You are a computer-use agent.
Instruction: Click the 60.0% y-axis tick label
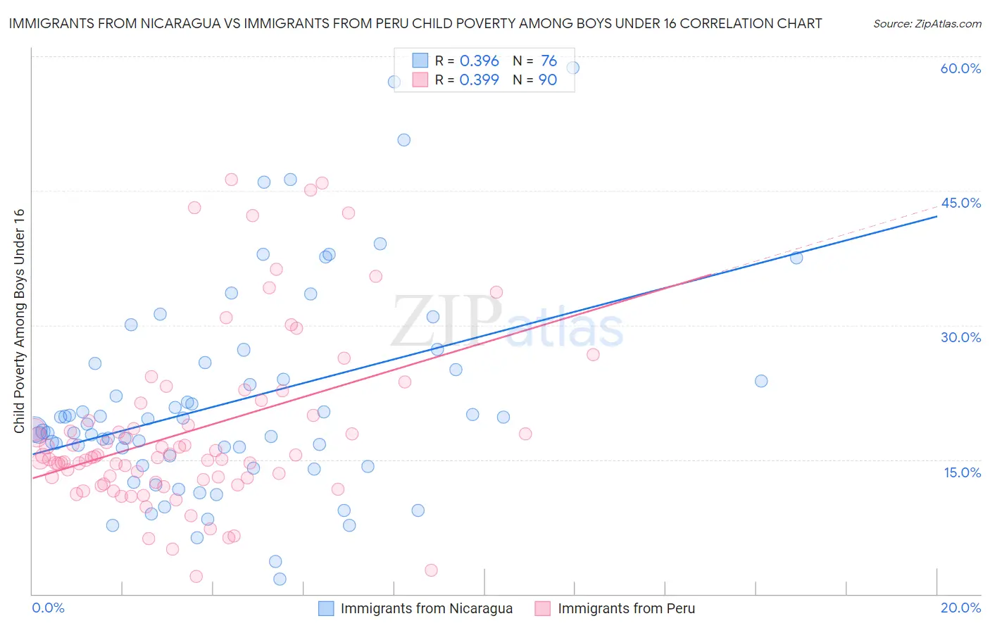(x=960, y=68)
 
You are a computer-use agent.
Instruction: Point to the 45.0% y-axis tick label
(x=960, y=203)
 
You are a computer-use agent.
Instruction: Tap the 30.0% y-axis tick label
(x=960, y=337)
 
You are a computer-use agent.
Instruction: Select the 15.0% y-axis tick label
(x=962, y=472)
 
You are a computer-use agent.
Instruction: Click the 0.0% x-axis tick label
(x=48, y=608)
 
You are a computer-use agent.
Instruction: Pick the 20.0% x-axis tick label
(x=960, y=608)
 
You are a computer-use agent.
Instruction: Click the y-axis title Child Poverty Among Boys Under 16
(x=20, y=321)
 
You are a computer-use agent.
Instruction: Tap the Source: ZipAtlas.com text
(x=927, y=24)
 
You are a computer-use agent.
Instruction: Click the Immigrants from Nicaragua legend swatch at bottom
(x=326, y=608)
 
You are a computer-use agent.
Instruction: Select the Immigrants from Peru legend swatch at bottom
(x=542, y=608)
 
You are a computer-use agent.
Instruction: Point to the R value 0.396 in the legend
(x=479, y=61)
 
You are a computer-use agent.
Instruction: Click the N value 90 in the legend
(x=547, y=80)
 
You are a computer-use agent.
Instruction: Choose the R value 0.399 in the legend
(x=479, y=80)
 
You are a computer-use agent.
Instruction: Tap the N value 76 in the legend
(x=549, y=61)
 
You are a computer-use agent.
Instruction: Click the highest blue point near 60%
(x=572, y=68)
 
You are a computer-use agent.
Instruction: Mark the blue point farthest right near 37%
(x=796, y=258)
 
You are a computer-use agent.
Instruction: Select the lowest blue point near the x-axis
(x=280, y=579)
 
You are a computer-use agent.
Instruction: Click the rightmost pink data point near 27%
(x=593, y=354)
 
